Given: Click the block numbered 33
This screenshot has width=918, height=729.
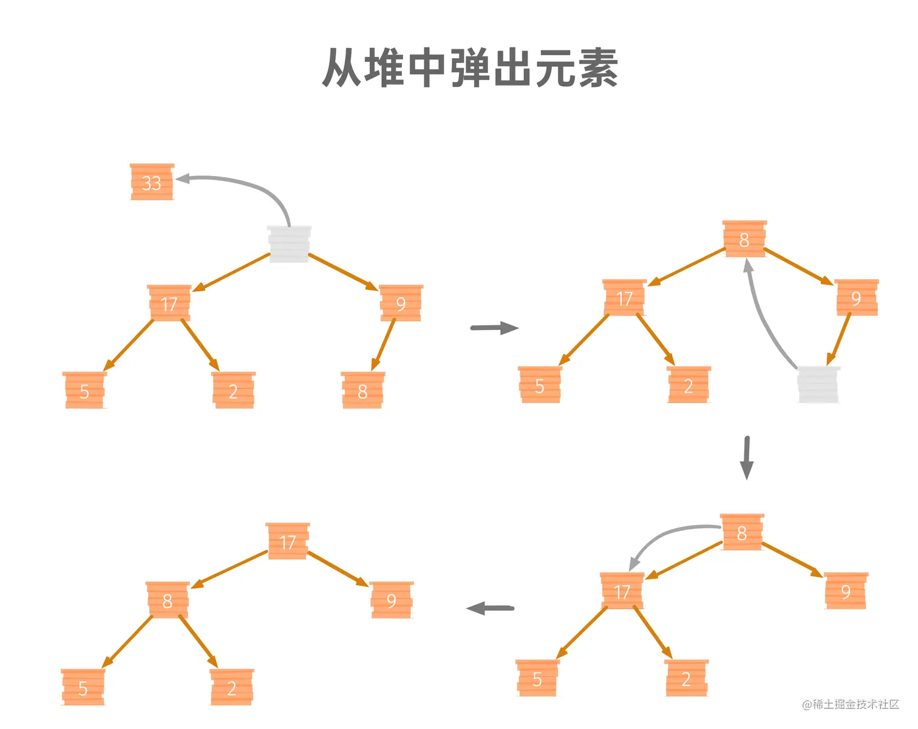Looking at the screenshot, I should (152, 182).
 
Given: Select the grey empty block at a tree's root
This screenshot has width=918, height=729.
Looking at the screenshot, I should (289, 244).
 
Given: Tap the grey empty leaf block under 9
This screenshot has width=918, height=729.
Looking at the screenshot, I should (818, 384).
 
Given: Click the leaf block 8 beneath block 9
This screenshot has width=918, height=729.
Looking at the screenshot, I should (362, 390).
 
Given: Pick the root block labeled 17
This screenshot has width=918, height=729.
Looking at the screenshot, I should (288, 541).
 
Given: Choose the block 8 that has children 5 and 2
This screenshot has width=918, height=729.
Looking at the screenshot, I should (168, 600).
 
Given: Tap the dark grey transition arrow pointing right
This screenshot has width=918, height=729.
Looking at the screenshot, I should (494, 328).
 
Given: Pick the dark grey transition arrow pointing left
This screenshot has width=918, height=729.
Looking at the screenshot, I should (490, 608).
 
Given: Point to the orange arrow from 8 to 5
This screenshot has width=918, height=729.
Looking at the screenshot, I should (128, 641).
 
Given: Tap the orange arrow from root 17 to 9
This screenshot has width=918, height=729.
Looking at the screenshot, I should (338, 568).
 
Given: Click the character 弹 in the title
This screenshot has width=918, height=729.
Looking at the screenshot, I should (471, 68).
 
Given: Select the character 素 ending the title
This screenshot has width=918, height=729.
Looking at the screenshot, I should (598, 68).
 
